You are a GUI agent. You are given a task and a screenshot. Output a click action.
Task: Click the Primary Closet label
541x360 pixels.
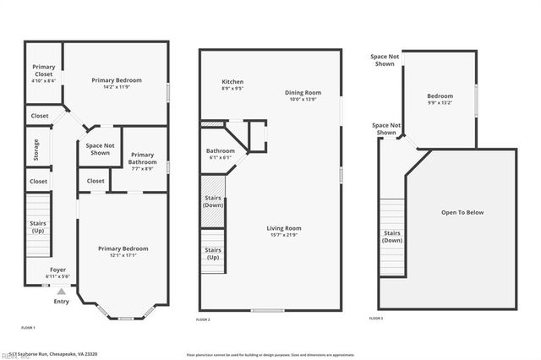[x=44, y=74]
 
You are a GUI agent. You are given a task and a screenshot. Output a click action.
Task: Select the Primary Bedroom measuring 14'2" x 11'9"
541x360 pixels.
[x=117, y=84]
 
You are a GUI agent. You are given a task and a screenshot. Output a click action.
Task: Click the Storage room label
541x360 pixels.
[x=36, y=149]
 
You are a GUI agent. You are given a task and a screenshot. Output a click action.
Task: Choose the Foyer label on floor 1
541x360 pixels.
[x=57, y=273]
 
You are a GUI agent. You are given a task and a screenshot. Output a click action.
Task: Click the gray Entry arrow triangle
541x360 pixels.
[x=61, y=292]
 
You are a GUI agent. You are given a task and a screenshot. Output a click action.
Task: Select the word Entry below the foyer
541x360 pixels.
[x=62, y=301]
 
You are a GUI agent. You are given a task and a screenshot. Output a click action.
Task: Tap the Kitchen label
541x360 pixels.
[x=232, y=84]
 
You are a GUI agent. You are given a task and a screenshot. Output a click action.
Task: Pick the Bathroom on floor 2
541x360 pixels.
[x=221, y=155]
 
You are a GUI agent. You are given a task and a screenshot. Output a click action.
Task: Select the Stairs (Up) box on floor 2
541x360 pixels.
[x=213, y=254]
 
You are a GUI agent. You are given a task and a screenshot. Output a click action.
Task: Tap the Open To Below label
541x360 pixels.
[x=462, y=212]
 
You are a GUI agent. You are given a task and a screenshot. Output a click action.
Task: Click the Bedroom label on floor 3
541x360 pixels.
[x=440, y=100]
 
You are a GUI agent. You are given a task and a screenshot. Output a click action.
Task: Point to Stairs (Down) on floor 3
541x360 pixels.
[x=392, y=237]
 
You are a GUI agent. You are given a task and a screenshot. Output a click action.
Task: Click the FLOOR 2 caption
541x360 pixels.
[x=203, y=320]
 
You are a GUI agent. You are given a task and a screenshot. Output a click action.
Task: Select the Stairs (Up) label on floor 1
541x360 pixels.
[x=38, y=226]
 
